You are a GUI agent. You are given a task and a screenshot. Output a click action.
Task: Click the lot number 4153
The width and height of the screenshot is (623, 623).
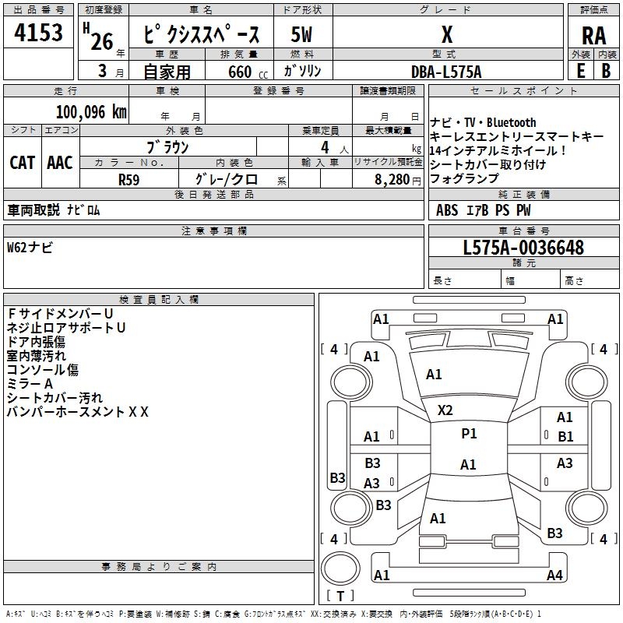[x=39, y=34]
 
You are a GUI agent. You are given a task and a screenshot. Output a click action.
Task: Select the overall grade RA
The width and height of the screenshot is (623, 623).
[x=593, y=36]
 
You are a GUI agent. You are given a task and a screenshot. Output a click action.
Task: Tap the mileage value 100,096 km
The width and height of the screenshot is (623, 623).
[x=91, y=111]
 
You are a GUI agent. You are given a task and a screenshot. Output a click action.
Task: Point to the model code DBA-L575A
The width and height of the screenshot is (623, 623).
[x=446, y=72]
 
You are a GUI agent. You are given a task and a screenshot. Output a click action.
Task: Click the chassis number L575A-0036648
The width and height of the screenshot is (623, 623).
[x=523, y=248]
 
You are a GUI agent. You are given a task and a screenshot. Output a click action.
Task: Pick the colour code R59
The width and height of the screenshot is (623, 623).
[x=129, y=178]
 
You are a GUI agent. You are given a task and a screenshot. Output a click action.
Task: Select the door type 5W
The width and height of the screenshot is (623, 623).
[x=302, y=35]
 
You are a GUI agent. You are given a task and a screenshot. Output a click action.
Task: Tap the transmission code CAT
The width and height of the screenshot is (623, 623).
[x=23, y=163]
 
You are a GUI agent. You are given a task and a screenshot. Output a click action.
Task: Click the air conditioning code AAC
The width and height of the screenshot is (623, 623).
[x=60, y=163]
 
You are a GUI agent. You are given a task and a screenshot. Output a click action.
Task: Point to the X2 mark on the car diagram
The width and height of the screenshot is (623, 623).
[x=445, y=410]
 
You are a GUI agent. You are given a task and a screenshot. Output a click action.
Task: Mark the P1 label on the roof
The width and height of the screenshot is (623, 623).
[x=469, y=434]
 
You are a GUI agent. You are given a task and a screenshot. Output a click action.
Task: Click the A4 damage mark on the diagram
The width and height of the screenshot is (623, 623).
[x=554, y=575]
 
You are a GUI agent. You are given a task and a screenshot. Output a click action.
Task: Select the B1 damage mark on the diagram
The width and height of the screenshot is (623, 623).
[x=565, y=437]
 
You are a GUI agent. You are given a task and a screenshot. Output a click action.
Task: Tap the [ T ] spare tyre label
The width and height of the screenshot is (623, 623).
[x=340, y=596]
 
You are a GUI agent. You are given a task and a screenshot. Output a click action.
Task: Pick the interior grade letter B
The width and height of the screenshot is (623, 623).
[x=606, y=71]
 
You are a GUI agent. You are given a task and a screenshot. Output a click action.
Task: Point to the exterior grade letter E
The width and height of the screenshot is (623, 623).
[x=580, y=71]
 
